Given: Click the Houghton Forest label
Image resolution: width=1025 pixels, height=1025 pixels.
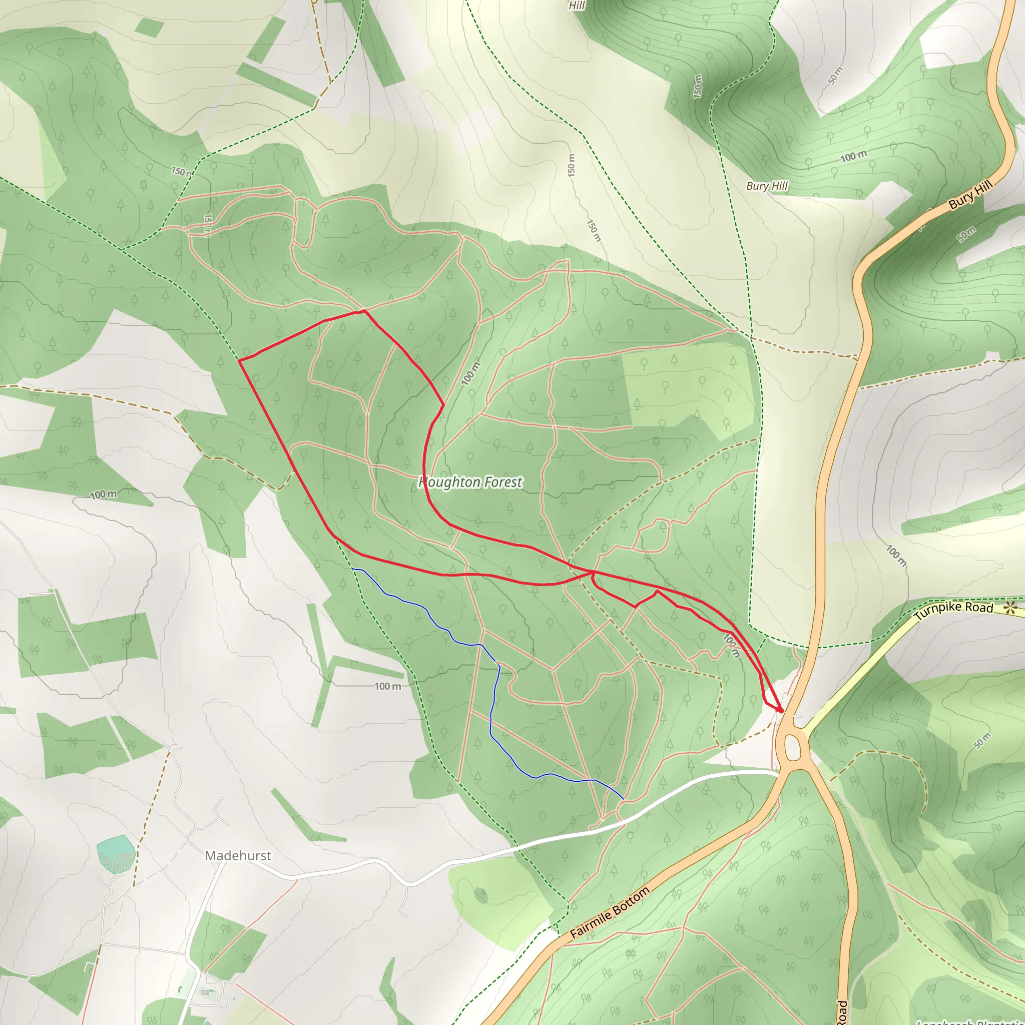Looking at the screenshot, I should [470, 482].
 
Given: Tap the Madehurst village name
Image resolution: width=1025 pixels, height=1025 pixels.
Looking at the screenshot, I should [238, 856].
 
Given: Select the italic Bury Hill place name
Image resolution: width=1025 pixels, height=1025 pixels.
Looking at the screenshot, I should [767, 186].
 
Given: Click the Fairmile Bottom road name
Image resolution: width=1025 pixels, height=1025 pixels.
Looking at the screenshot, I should [610, 912].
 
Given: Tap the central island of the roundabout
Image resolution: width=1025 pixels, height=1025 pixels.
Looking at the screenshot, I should [793, 747].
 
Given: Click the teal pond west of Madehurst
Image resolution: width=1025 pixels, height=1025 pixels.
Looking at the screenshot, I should [115, 854].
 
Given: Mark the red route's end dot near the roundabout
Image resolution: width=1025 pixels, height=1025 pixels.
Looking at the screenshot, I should [780, 710].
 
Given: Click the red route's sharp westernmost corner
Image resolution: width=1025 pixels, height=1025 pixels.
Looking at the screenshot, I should [239, 361].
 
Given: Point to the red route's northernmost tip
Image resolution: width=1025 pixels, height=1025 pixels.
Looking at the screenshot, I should [363, 311].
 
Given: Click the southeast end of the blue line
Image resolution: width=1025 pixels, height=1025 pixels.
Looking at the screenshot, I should [623, 799].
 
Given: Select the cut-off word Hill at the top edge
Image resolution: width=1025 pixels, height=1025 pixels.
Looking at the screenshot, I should [576, 6].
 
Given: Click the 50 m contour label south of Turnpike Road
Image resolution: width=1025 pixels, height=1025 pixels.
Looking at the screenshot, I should [982, 741].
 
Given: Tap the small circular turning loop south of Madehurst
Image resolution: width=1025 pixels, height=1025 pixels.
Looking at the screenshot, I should [224, 1001].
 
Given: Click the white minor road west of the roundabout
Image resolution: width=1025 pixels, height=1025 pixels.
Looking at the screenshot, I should [531, 842].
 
